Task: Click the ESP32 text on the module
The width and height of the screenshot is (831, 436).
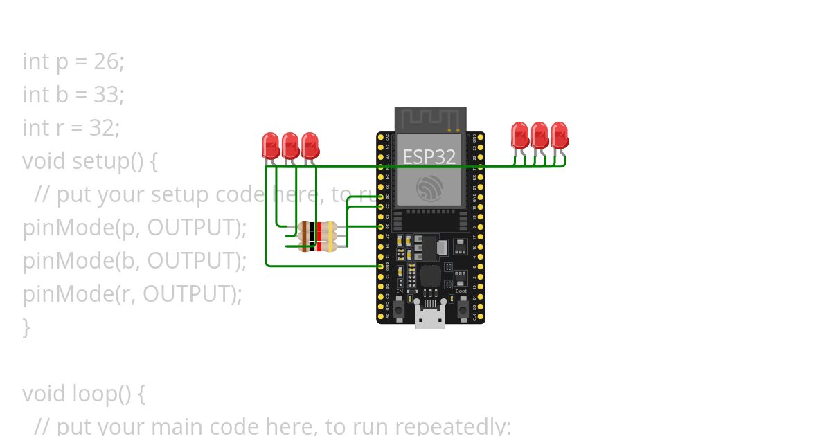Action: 429,157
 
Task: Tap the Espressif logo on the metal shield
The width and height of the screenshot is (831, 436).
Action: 429,188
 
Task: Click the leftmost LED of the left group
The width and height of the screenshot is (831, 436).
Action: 271,145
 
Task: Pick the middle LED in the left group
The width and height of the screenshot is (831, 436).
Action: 290,145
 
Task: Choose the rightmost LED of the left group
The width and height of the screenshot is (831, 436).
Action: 310,145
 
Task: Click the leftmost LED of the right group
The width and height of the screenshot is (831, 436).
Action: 519,135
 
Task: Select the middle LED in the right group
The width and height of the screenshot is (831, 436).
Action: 539,135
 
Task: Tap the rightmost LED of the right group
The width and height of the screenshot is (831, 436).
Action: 559,135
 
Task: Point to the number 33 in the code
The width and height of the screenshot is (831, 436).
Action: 107,95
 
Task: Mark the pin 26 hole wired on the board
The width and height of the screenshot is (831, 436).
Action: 381,226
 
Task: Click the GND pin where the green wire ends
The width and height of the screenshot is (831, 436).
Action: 381,266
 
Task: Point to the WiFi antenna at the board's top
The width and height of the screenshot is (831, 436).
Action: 430,118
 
